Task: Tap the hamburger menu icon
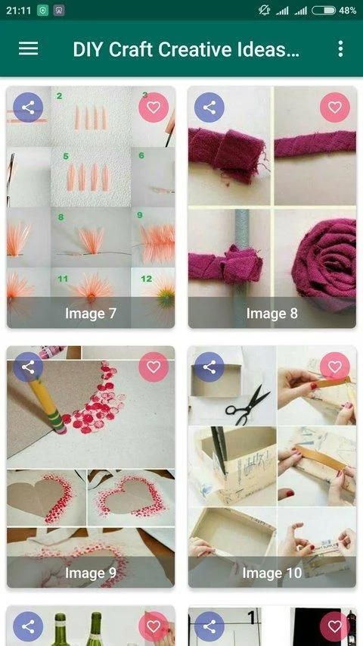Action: coord(29,48)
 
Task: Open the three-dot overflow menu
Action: coord(340,48)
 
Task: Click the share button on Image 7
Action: coord(28,108)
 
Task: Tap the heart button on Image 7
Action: coord(154,108)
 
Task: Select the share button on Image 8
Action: coord(209,108)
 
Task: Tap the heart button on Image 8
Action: coord(334,108)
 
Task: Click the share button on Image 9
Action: coord(28,367)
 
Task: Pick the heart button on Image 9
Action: coord(154,367)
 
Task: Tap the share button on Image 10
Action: coord(209,367)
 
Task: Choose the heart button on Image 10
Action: coord(334,367)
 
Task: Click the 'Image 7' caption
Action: coord(91,314)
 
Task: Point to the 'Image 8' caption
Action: coord(272,314)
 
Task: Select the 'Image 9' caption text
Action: coord(91,573)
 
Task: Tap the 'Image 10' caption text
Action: coord(272,573)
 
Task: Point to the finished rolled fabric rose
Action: coord(325,261)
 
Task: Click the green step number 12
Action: coord(147,279)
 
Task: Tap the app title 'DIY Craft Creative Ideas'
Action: coord(186,49)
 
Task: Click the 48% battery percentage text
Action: coord(347,11)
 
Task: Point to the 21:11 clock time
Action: coord(18,11)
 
